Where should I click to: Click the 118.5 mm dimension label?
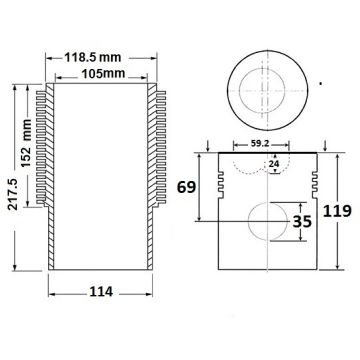point(93,57)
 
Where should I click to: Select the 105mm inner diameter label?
point(103,73)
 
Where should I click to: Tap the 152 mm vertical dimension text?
point(26,143)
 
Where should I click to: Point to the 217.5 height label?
point(13,194)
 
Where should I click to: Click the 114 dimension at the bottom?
point(101,292)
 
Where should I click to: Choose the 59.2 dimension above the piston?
point(261,144)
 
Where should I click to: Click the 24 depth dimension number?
point(273,164)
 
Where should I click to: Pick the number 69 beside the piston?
point(186,187)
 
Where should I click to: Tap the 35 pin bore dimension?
point(302,221)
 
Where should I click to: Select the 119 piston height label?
point(337,211)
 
